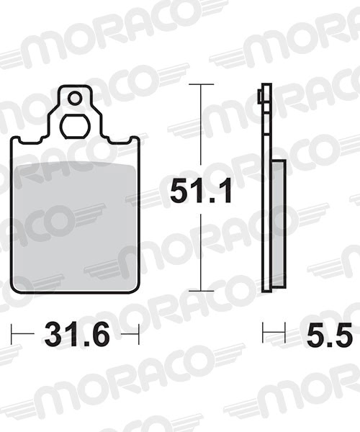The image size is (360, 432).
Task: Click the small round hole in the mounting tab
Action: point(74,96)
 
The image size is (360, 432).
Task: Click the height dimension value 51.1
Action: point(200,192)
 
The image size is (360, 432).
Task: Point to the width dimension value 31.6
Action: point(76,335)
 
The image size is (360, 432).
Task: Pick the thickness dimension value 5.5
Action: point(328,335)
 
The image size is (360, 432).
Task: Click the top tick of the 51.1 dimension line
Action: point(201,84)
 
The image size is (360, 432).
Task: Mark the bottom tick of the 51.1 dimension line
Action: point(201,291)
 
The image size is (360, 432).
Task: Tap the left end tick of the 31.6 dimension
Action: point(12,333)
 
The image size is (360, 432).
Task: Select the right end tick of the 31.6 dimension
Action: point(138,333)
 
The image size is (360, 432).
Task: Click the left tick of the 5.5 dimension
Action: point(264,333)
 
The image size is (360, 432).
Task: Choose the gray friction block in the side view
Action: point(278,223)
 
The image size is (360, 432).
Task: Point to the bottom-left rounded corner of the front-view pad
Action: point(16,289)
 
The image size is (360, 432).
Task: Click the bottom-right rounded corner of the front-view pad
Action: point(134,289)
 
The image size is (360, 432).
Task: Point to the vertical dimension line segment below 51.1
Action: point(201,252)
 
